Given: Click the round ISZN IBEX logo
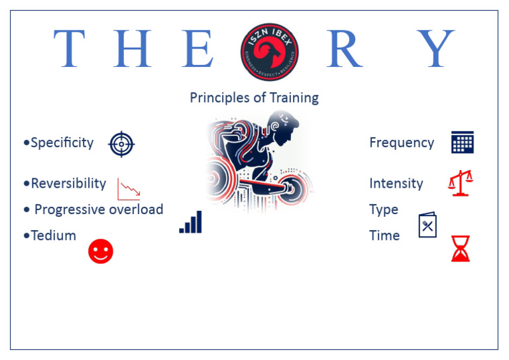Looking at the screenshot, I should [x=269, y=51].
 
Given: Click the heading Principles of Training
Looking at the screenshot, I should [x=254, y=98].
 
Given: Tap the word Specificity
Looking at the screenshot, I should [x=62, y=143].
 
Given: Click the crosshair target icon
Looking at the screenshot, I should [x=121, y=143].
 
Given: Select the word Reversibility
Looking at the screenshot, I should [x=68, y=183].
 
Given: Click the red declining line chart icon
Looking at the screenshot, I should [x=129, y=189].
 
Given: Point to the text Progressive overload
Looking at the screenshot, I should [x=98, y=210].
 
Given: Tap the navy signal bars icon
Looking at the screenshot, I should [x=191, y=223].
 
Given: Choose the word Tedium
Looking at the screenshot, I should [x=53, y=235].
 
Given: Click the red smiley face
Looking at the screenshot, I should [x=101, y=251].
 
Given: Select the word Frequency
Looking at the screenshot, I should [x=402, y=143].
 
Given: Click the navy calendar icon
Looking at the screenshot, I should [x=462, y=143].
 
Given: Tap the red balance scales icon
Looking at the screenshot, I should [x=461, y=183].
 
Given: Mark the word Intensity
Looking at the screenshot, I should [x=396, y=183].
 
